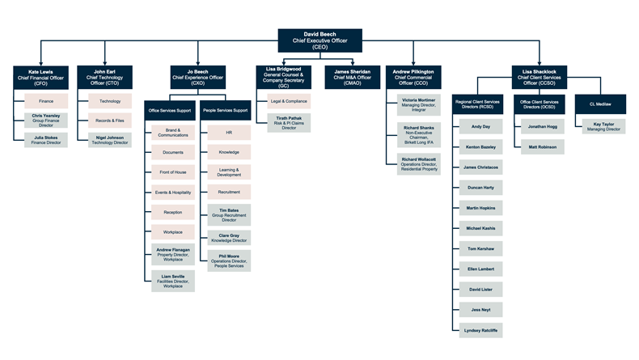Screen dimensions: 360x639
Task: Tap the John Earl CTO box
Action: tap(104, 77)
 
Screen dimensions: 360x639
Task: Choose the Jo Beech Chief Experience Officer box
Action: tap(198, 77)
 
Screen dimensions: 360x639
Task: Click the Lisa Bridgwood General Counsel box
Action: tap(282, 77)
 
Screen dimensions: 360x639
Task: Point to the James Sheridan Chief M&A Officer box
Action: tap(352, 75)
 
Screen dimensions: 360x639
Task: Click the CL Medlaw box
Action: tap(599, 104)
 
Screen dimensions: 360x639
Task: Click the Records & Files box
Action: tap(109, 121)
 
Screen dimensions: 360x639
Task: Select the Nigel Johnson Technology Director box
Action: tap(109, 140)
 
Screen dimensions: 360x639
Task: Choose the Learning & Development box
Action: tap(228, 172)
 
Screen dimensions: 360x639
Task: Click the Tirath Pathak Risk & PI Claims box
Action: tap(289, 123)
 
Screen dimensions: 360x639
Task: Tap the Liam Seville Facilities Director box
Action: tap(172, 281)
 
